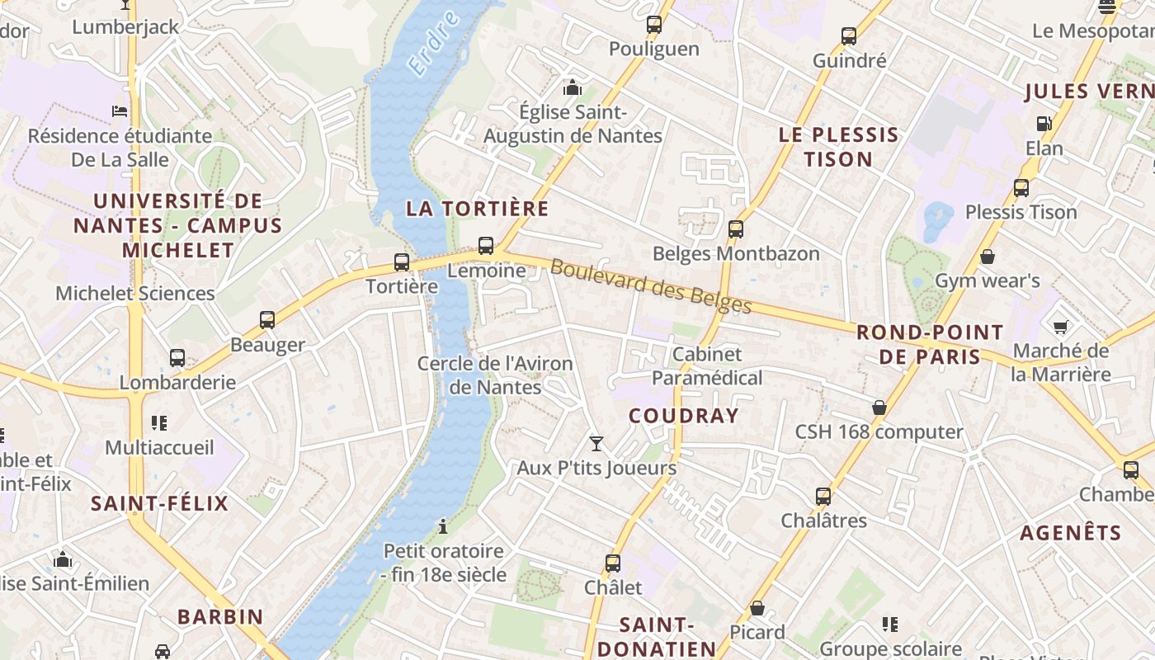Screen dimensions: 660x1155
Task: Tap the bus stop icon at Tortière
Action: click(402, 262)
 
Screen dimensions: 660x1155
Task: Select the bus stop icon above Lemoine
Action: click(486, 245)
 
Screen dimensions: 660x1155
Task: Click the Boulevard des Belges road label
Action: click(651, 287)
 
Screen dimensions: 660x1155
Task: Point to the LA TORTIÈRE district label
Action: click(477, 209)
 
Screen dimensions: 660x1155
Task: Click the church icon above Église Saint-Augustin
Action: click(572, 87)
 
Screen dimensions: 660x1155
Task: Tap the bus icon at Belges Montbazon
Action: click(736, 229)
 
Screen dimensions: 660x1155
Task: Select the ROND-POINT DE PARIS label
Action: click(930, 345)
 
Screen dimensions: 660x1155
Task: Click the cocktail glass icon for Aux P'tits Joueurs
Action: click(596, 444)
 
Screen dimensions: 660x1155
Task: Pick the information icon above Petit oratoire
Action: click(443, 526)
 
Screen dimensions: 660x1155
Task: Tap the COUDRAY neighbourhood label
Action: click(683, 416)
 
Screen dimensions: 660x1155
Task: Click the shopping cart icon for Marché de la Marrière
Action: click(1061, 327)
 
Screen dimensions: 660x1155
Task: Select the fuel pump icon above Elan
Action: click(1044, 124)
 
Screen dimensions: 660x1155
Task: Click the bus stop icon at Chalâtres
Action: click(823, 496)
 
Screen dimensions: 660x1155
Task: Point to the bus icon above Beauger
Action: click(267, 319)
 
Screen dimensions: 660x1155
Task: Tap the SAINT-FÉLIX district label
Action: click(159, 503)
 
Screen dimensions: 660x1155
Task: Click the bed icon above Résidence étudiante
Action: click(120, 111)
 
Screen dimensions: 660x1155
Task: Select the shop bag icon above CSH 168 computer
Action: click(879, 408)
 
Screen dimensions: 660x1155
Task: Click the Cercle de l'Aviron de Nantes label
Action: click(495, 375)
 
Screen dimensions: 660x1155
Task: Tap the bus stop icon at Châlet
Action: click(613, 563)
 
